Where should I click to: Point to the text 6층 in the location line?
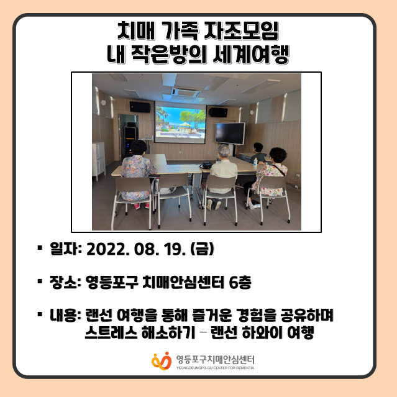pyautogui.click(x=240, y=282)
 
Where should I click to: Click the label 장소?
pyautogui.click(x=65, y=282)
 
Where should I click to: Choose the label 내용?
pyautogui.click(x=65, y=315)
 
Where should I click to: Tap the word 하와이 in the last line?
pyautogui.click(x=262, y=332)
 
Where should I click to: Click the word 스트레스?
pyautogui.click(x=111, y=332)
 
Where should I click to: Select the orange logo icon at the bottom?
pyautogui.click(x=162, y=361)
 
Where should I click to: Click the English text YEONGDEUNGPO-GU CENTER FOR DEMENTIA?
pyautogui.click(x=215, y=368)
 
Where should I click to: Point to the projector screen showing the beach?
pyautogui.click(x=180, y=122)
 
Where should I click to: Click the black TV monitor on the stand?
pyautogui.click(x=230, y=134)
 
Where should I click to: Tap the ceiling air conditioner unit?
pyautogui.click(x=186, y=92)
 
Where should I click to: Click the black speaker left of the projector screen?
pyautogui.click(x=140, y=107)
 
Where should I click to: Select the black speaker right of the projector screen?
pyautogui.click(x=218, y=112)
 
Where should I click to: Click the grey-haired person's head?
pyautogui.click(x=224, y=151)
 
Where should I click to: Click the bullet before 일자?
pyautogui.click(x=40, y=248)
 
